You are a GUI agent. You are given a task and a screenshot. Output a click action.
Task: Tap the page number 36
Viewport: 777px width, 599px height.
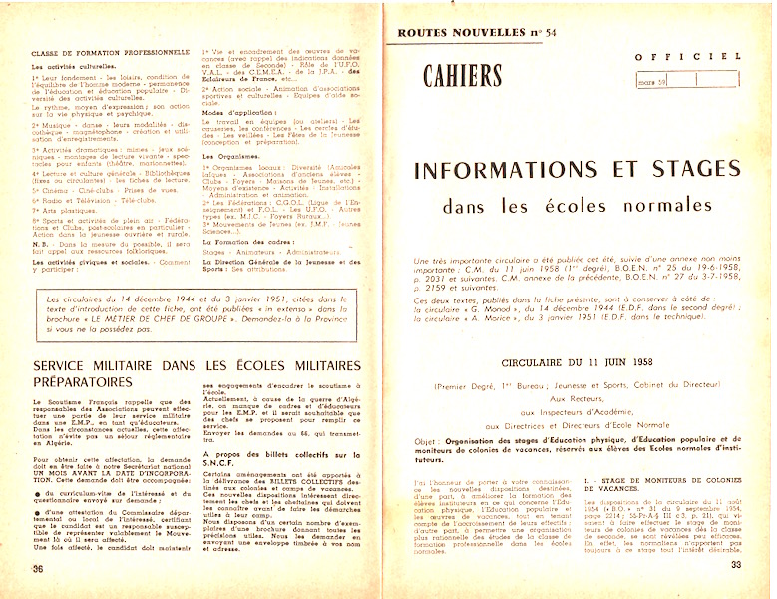pyautogui.click(x=39, y=566)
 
